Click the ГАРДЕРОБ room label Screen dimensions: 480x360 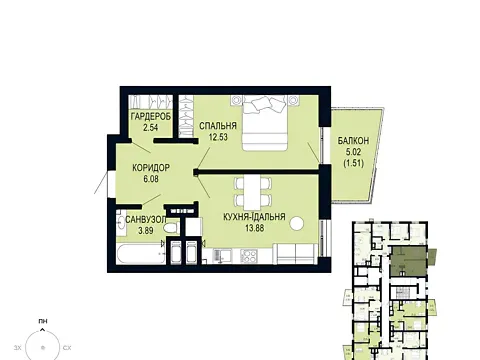pyautogui.click(x=151, y=117)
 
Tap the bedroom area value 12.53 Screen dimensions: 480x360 pyautogui.click(x=218, y=137)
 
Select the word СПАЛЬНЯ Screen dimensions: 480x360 pyautogui.click(x=218, y=126)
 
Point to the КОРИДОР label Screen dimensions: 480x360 pyautogui.click(x=151, y=168)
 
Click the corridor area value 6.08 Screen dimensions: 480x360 pyautogui.click(x=151, y=179)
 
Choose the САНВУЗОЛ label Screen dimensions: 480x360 pyautogui.click(x=146, y=220)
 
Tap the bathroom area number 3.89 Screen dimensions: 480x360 pyautogui.click(x=146, y=230)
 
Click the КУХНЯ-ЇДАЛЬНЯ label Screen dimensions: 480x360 pyautogui.click(x=254, y=217)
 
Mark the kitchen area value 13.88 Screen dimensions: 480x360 pyautogui.click(x=254, y=228)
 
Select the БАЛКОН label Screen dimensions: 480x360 pyautogui.click(x=353, y=141)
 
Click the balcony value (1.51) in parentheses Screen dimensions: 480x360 pyautogui.click(x=353, y=163)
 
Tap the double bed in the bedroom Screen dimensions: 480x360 pyautogui.click(x=265, y=123)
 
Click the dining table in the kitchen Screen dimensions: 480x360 pyautogui.click(x=253, y=192)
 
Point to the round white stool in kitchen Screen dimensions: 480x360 pyautogui.click(x=297, y=224)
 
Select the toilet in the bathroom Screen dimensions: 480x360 pyautogui.click(x=172, y=228)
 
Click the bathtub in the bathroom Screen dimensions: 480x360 pyautogui.click(x=141, y=254)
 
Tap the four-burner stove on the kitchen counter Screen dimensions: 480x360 pyautogui.click(x=249, y=256)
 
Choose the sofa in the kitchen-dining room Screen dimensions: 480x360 pyautogui.click(x=296, y=254)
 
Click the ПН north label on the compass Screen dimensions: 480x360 pyautogui.click(x=43, y=321)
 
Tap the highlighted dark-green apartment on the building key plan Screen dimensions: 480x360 pyautogui.click(x=409, y=261)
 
